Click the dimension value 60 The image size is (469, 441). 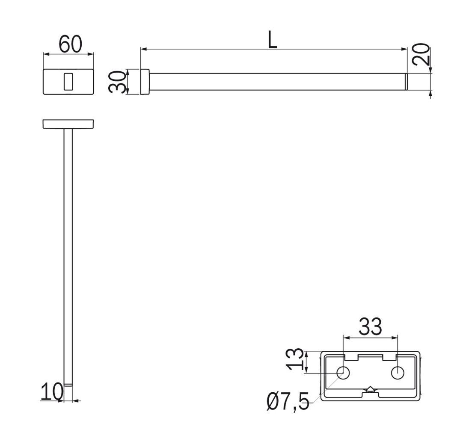[x=70, y=44]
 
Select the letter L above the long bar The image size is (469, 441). [x=273, y=40]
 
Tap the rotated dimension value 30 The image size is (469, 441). [x=117, y=82]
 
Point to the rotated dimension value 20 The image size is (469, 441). [x=421, y=54]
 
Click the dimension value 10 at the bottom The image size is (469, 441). [x=52, y=392]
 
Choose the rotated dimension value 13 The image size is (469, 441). [x=295, y=359]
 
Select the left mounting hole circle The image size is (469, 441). [x=343, y=373]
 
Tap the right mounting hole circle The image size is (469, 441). [x=398, y=373]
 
